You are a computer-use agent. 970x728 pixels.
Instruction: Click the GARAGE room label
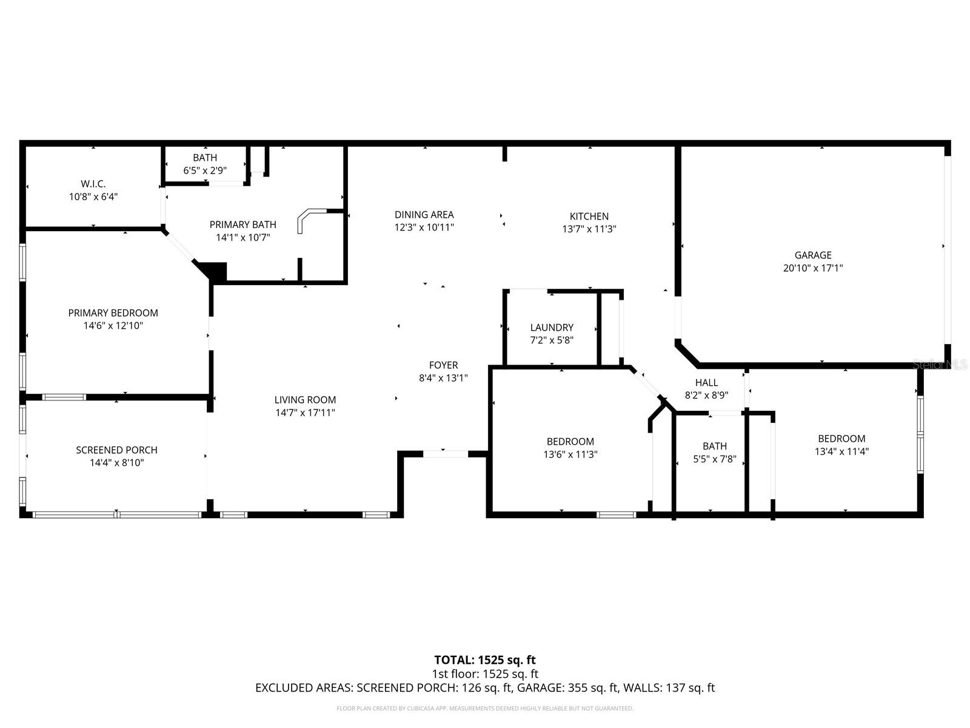click(812, 255)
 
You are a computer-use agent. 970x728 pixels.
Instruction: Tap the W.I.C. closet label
click(93, 184)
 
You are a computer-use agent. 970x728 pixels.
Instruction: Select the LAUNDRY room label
click(551, 328)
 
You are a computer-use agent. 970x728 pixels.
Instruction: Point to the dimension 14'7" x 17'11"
click(305, 413)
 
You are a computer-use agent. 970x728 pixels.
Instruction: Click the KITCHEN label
click(589, 216)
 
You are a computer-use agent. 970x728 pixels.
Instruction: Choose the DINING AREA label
click(424, 214)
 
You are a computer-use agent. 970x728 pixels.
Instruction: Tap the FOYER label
click(443, 365)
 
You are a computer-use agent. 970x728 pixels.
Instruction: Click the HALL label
click(706, 382)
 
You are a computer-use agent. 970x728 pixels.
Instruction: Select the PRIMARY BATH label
click(242, 224)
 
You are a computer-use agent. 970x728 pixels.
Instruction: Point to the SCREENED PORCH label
click(116, 450)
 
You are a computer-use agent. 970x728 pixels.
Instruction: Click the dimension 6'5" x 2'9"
click(205, 170)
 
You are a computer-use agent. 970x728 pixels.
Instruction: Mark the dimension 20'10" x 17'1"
click(812, 268)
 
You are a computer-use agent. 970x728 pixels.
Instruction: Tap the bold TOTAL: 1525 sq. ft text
click(484, 660)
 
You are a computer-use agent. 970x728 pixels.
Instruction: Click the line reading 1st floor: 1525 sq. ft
click(484, 674)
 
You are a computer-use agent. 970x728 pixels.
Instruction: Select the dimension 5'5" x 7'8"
click(714, 459)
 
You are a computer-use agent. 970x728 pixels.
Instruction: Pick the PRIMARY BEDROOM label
click(113, 312)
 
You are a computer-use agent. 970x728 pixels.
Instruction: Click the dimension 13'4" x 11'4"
click(841, 451)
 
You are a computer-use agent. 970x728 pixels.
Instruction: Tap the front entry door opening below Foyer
click(444, 453)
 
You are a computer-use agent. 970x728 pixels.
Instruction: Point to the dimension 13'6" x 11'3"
click(570, 454)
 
